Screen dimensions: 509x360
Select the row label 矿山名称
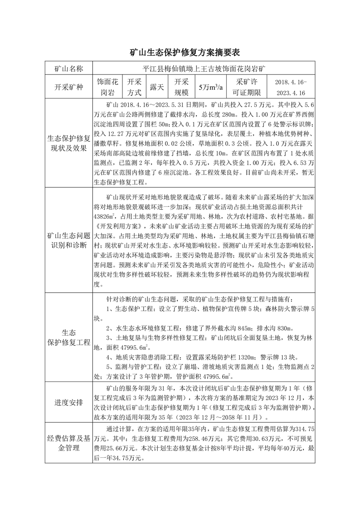point(68,69)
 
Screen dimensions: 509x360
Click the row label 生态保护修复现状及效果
point(68,143)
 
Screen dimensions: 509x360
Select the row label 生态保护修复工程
point(68,337)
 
